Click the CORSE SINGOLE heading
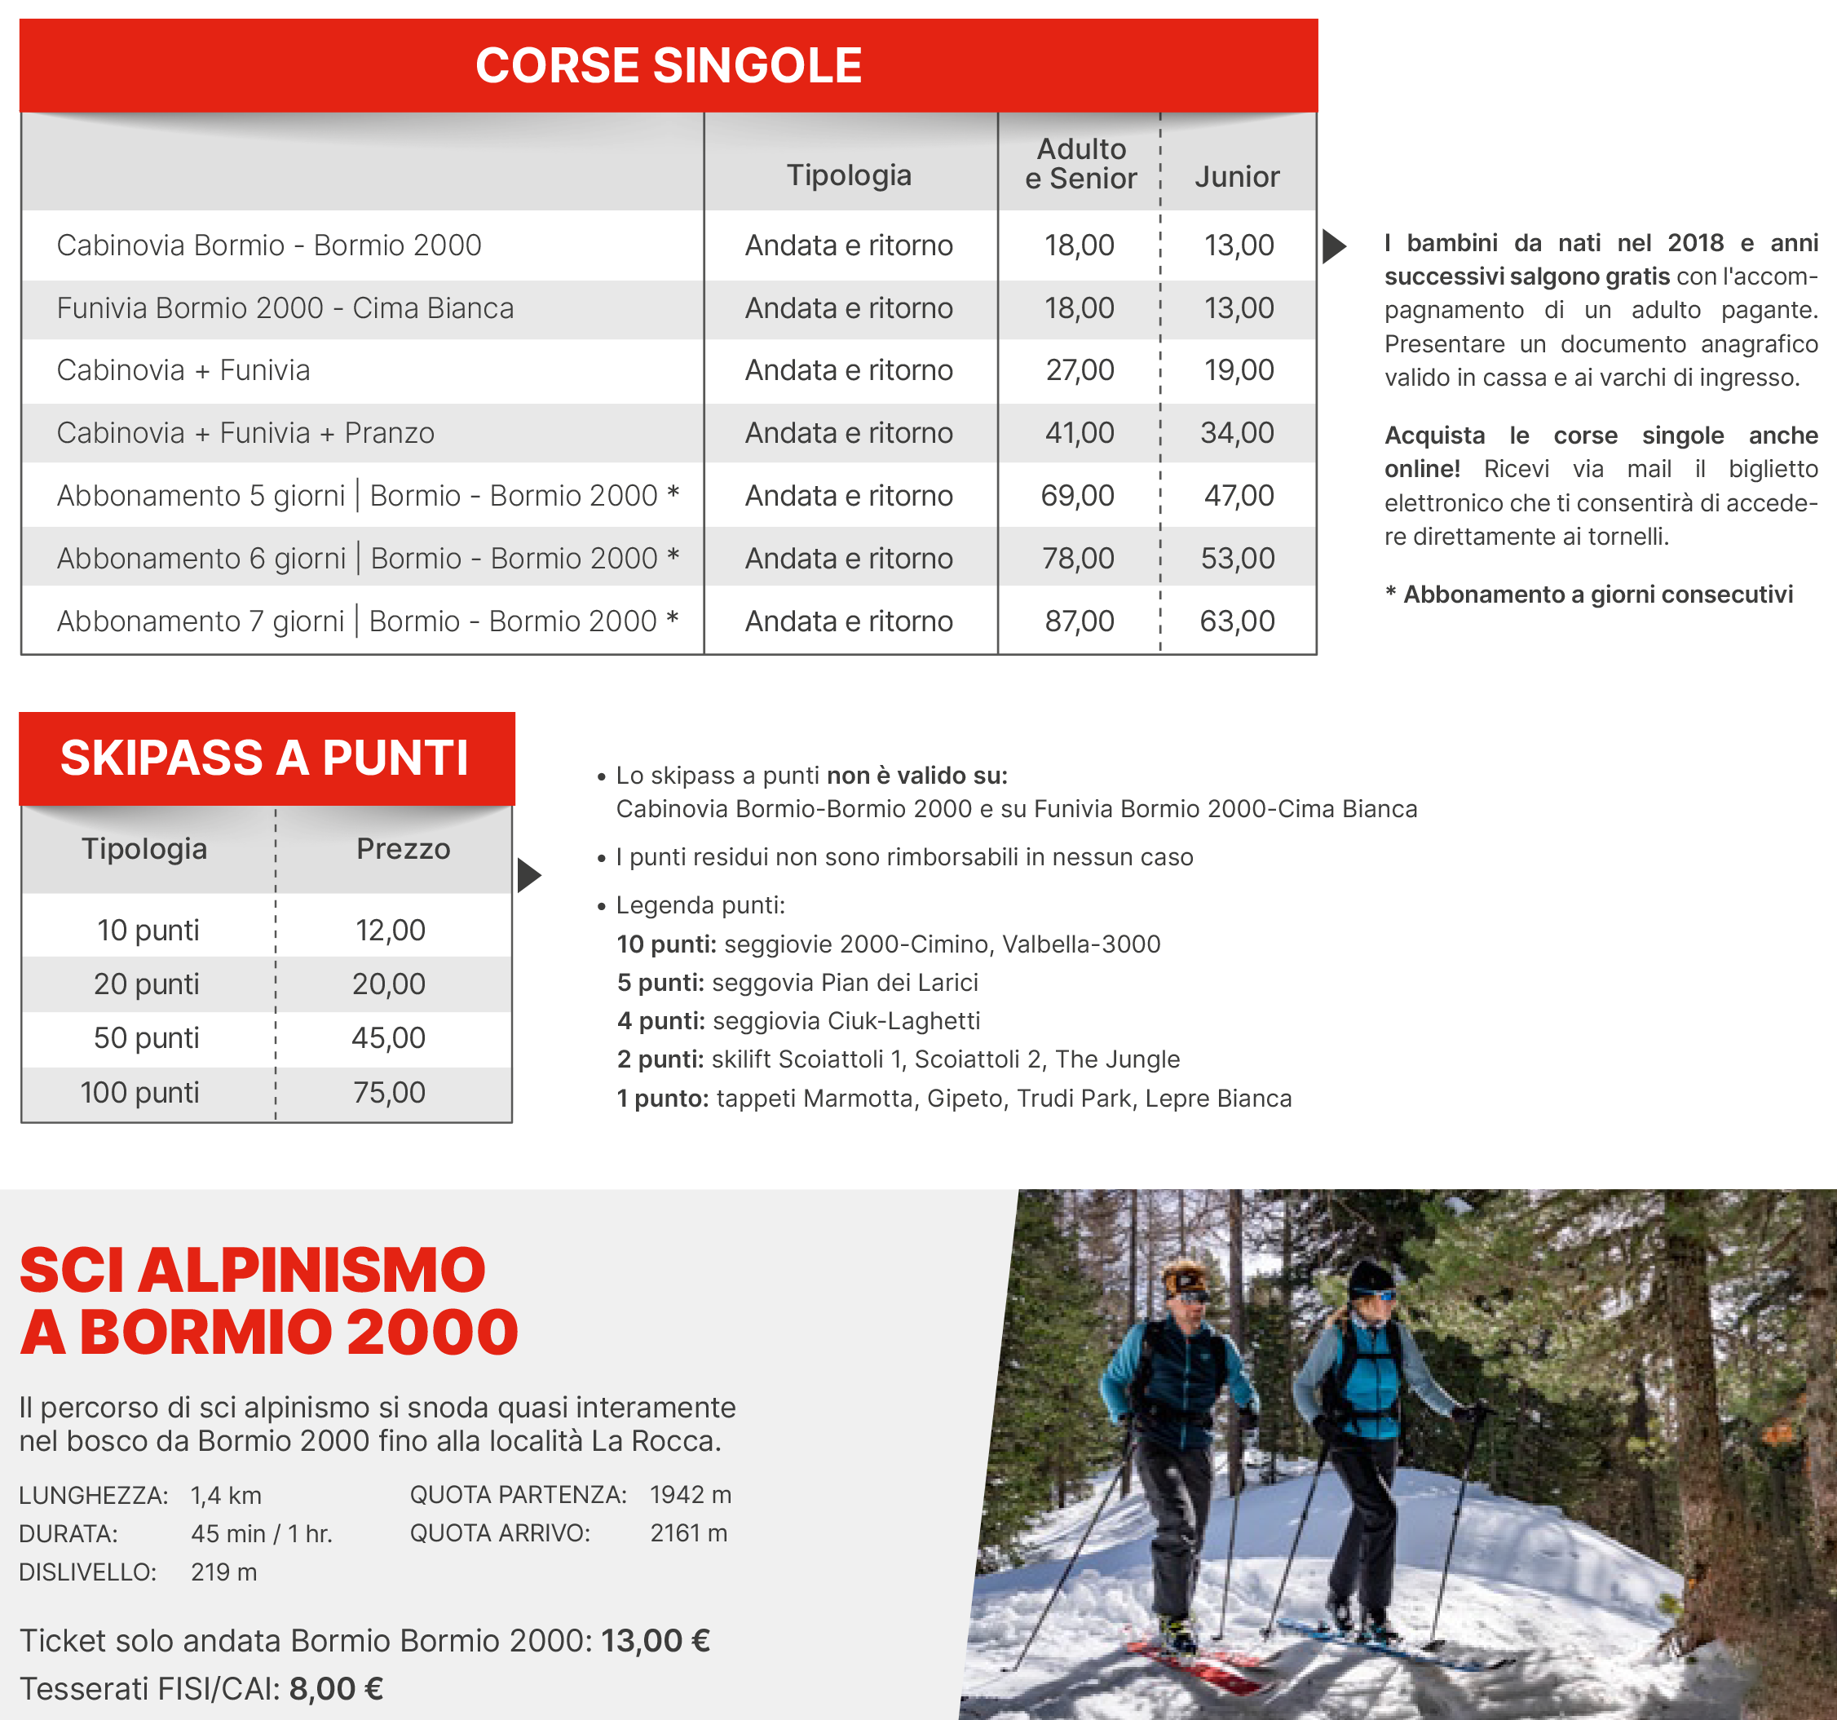point(668,65)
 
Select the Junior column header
point(1236,176)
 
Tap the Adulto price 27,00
point(1080,369)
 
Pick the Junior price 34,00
point(1236,432)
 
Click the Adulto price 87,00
point(1080,621)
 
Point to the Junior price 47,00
point(1239,495)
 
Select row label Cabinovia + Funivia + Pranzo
point(245,432)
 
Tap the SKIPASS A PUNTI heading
point(264,758)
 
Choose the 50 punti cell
point(146,1038)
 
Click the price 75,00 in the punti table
point(389,1093)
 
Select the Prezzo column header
point(403,848)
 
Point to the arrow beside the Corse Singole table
point(1333,245)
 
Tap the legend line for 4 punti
point(797,1020)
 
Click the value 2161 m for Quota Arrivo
point(688,1532)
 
